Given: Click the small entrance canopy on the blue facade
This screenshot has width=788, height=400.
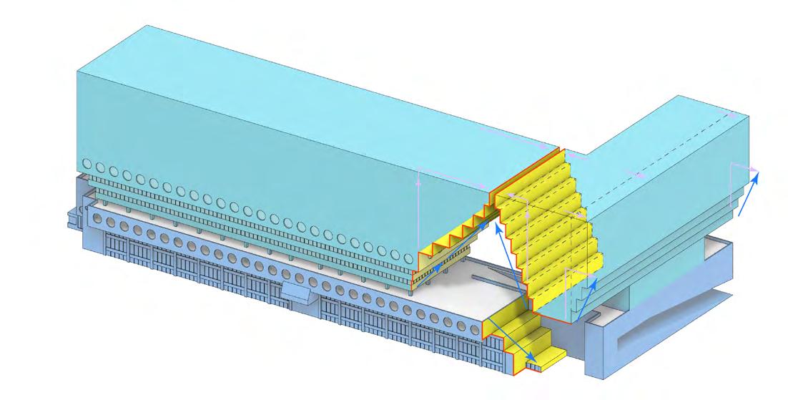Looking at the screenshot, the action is coord(297,291).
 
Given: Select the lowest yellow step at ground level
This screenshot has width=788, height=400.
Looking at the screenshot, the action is coord(551,356).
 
